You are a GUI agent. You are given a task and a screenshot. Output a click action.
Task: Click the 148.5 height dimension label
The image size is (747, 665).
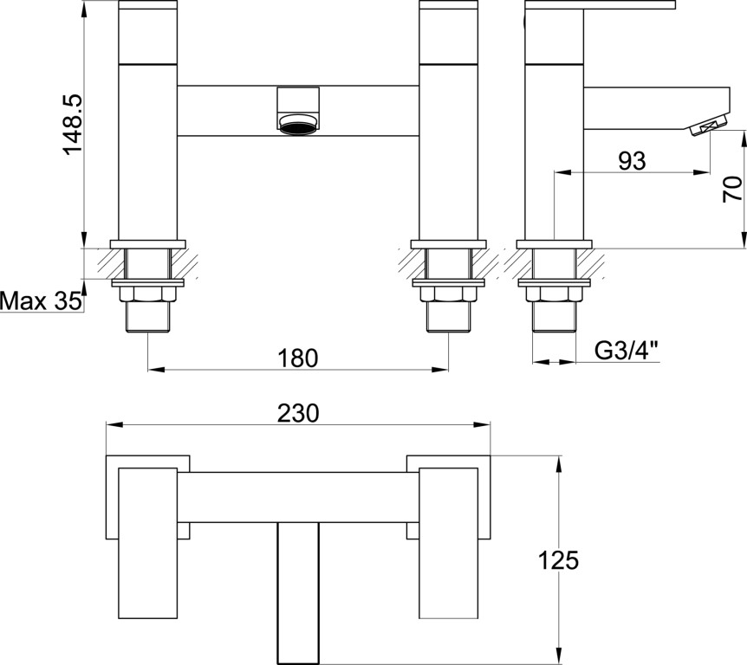73,125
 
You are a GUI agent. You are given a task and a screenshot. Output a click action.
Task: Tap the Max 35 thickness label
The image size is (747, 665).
41,301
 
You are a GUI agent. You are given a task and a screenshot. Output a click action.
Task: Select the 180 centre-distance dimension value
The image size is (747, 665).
298,358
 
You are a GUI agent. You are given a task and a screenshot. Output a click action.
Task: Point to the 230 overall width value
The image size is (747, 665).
298,413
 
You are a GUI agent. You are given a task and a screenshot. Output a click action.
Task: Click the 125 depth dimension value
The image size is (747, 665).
558,560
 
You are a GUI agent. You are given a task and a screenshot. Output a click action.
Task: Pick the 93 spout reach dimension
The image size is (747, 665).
633,161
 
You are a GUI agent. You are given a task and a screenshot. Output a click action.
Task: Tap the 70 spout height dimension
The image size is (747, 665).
732,189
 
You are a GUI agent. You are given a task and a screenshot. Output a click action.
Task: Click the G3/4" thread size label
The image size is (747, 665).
627,352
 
